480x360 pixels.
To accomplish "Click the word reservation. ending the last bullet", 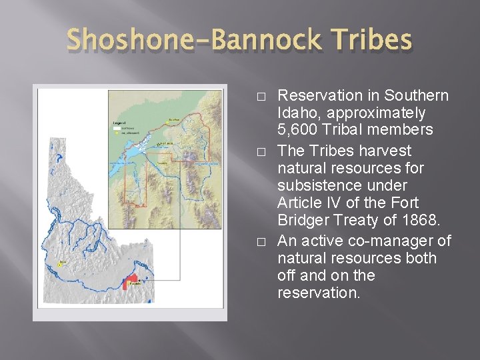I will [x=318, y=293].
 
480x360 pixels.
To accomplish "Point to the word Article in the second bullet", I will [x=299, y=203].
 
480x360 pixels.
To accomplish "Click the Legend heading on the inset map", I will [x=119, y=123].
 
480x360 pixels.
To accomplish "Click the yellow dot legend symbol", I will [x=116, y=133].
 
